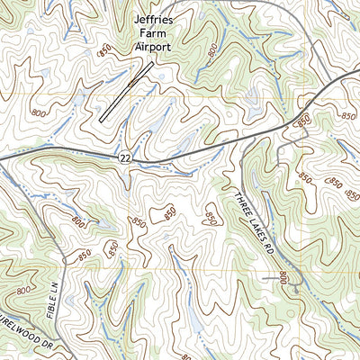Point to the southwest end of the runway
click(103, 120)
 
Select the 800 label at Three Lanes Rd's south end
click(285, 277)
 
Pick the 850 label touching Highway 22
click(303, 120)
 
